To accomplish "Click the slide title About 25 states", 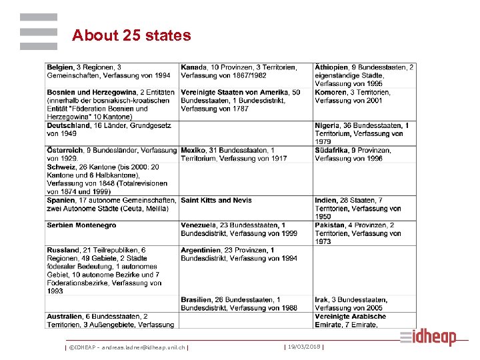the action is [131, 35].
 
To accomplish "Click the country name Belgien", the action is [60, 67].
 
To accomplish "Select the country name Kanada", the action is [193, 67].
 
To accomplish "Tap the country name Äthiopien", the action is [331, 67].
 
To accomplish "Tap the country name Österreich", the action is [65, 151].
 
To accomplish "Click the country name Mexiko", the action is [193, 151].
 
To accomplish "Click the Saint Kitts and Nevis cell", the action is [216, 200].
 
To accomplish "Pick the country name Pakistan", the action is [329, 225].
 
